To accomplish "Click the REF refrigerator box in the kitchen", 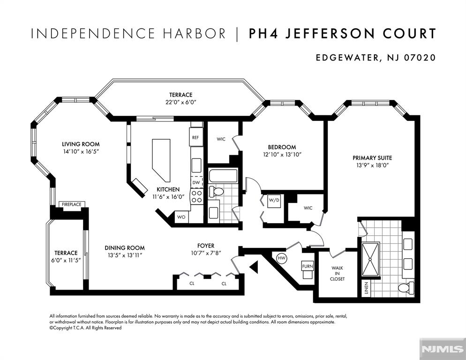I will (x=196, y=137).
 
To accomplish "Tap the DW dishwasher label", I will (x=196, y=182).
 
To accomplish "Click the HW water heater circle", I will (x=282, y=258).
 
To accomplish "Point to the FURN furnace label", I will (x=307, y=266).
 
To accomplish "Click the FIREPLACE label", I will (x=71, y=204).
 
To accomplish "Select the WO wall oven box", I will (x=181, y=217).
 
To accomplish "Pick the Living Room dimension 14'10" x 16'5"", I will (x=81, y=152).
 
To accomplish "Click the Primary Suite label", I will (x=372, y=158).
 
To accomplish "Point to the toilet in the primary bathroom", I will (x=405, y=287).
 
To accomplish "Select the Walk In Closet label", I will (x=338, y=273).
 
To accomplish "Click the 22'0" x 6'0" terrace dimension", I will (x=180, y=102).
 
